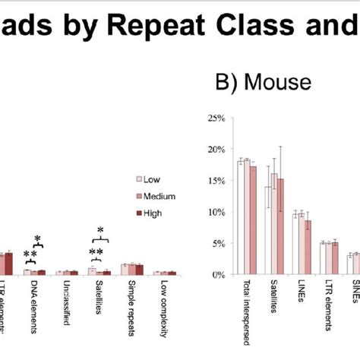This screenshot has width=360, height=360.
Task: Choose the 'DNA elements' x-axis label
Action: coord(35,303)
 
